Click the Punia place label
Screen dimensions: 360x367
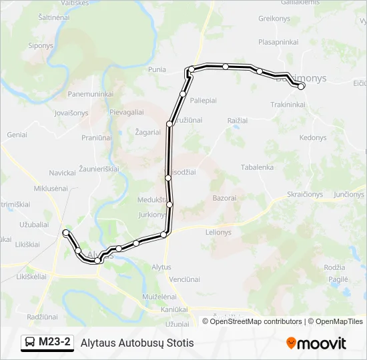click(157, 69)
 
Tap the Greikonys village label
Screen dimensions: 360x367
click(274, 19)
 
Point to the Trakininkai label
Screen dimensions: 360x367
click(288, 105)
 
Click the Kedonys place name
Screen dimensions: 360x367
click(313, 137)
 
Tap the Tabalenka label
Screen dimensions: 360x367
click(257, 167)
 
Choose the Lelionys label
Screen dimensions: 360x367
click(218, 232)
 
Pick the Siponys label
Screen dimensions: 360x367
click(41, 46)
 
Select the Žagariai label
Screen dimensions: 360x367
click(147, 132)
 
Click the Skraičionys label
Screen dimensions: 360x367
click(304, 194)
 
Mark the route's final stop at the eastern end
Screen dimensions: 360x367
click(301, 86)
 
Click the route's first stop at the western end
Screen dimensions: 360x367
click(65, 232)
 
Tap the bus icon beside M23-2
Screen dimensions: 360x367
click(30, 343)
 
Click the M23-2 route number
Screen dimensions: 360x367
click(55, 343)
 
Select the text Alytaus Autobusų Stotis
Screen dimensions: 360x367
click(137, 343)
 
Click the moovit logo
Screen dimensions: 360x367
click(316, 343)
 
